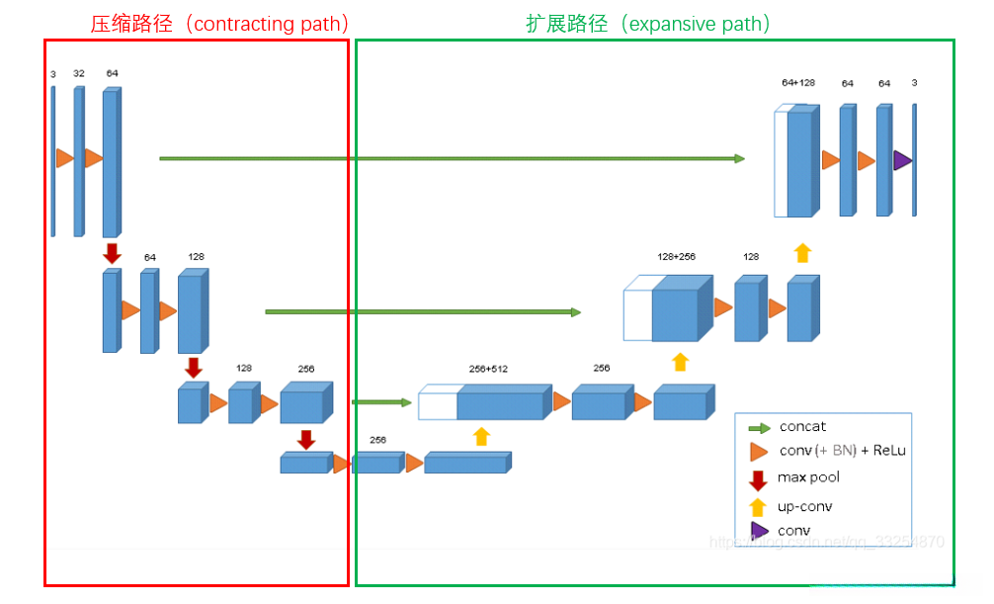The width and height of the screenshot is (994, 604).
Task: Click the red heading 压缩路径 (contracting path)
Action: click(219, 24)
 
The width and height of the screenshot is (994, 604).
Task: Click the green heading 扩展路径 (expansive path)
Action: click(647, 24)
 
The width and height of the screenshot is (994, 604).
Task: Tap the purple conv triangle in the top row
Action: click(902, 160)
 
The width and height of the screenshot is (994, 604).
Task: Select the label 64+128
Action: click(798, 83)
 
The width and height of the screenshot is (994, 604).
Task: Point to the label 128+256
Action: click(676, 257)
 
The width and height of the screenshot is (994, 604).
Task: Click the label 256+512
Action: click(488, 369)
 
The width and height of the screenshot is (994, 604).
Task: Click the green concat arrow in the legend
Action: click(759, 428)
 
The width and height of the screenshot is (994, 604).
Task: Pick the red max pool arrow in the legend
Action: click(758, 480)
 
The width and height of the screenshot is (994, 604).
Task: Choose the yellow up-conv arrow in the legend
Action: click(758, 507)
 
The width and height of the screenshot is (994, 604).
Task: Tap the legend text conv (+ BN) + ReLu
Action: click(842, 451)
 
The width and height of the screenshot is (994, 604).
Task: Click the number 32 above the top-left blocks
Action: click(79, 73)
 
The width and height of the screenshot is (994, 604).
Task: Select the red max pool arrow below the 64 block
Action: click(112, 254)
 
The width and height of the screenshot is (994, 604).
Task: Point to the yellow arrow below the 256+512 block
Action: click(481, 436)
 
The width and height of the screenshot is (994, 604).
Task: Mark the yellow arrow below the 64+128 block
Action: click(802, 252)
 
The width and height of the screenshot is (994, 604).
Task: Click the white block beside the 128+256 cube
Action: click(637, 314)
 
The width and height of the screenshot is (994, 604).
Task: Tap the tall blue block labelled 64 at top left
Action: click(110, 163)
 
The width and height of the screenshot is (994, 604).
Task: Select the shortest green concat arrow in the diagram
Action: click(381, 402)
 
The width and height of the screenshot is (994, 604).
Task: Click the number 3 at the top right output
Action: click(914, 83)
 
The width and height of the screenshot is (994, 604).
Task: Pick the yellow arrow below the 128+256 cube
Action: click(680, 361)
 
